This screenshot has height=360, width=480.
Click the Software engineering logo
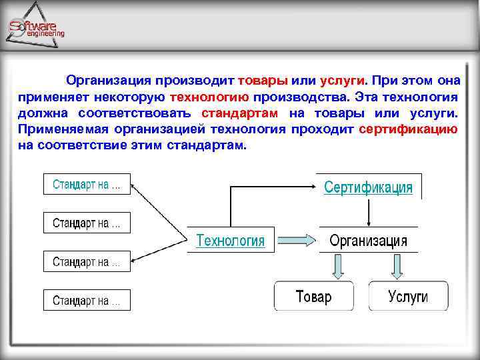pos(37,27)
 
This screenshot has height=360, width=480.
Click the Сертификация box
pos(368,187)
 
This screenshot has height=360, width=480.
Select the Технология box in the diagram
pos(230,241)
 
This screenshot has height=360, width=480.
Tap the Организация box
pos(368,241)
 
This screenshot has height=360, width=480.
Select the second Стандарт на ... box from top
pos(87,223)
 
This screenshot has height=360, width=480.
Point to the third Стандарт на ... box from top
pos(87,262)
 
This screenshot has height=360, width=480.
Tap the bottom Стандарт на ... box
pos(87,300)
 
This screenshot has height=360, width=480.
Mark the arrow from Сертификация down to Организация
pos(368,214)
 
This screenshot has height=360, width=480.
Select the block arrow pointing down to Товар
pos(338,267)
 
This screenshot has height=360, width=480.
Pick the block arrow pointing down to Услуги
pos(398,267)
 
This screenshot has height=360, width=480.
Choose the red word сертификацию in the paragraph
pos(408,129)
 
